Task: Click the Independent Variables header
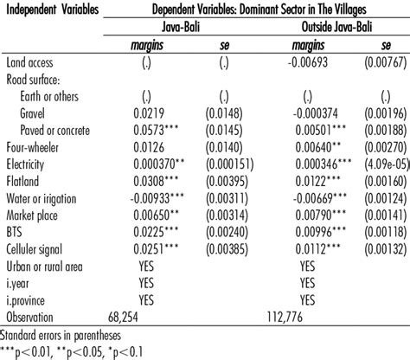point(54,10)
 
